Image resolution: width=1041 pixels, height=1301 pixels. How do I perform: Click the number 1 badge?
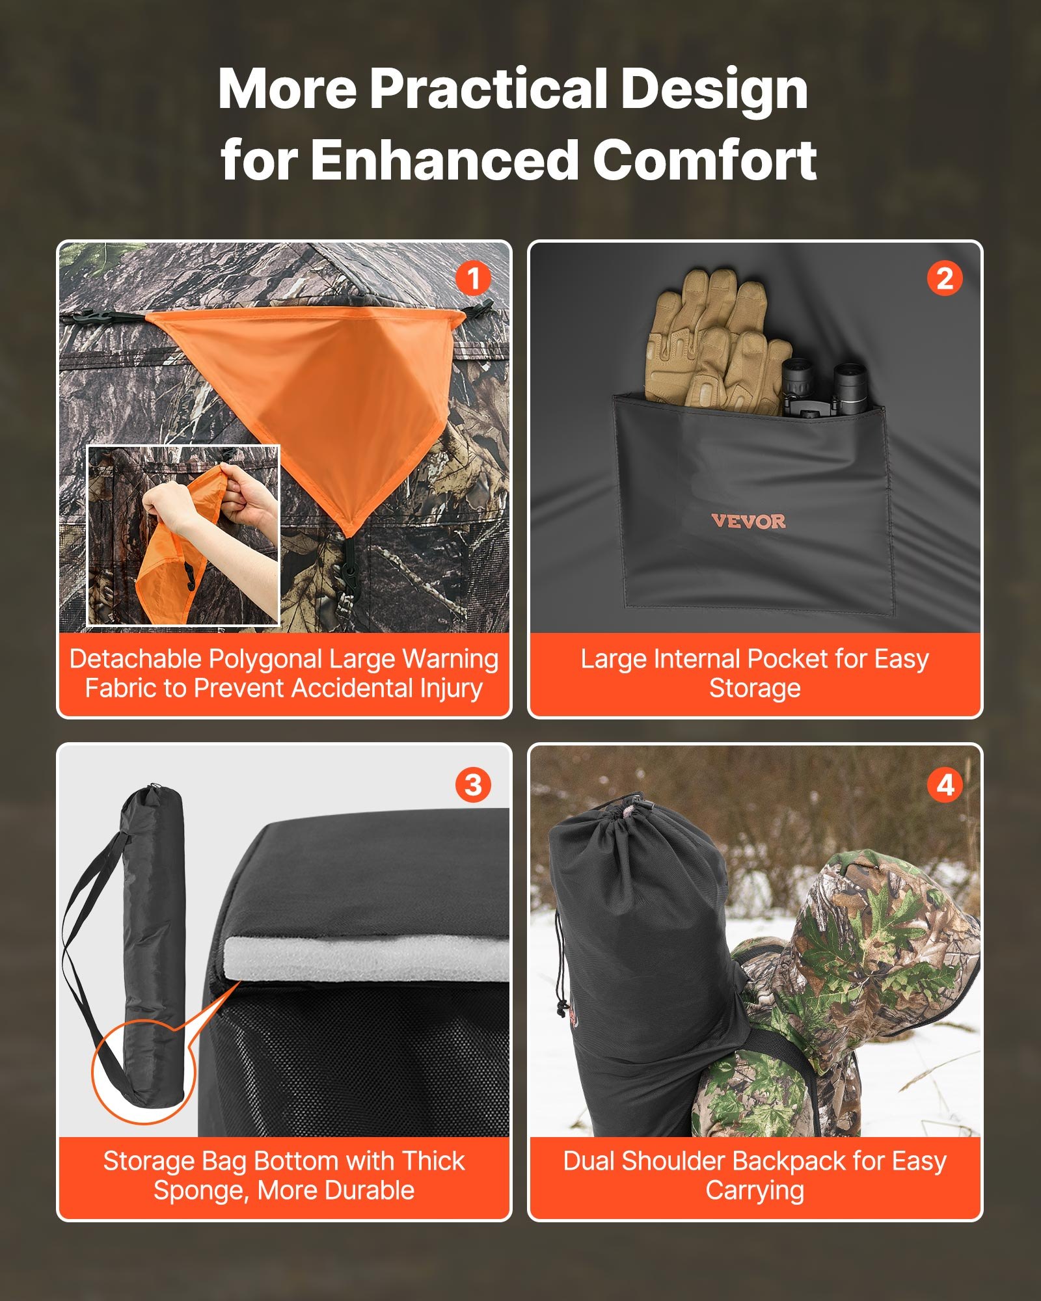(473, 278)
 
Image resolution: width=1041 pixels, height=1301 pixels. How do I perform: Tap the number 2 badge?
(944, 278)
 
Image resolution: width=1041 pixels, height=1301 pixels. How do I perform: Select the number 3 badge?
(473, 785)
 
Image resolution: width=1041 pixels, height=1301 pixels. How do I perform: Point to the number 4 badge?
(944, 785)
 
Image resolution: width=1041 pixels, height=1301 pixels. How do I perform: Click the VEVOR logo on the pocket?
(748, 521)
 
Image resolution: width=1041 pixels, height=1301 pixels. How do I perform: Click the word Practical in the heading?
(488, 89)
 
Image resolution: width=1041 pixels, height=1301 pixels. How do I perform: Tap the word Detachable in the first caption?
(135, 659)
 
